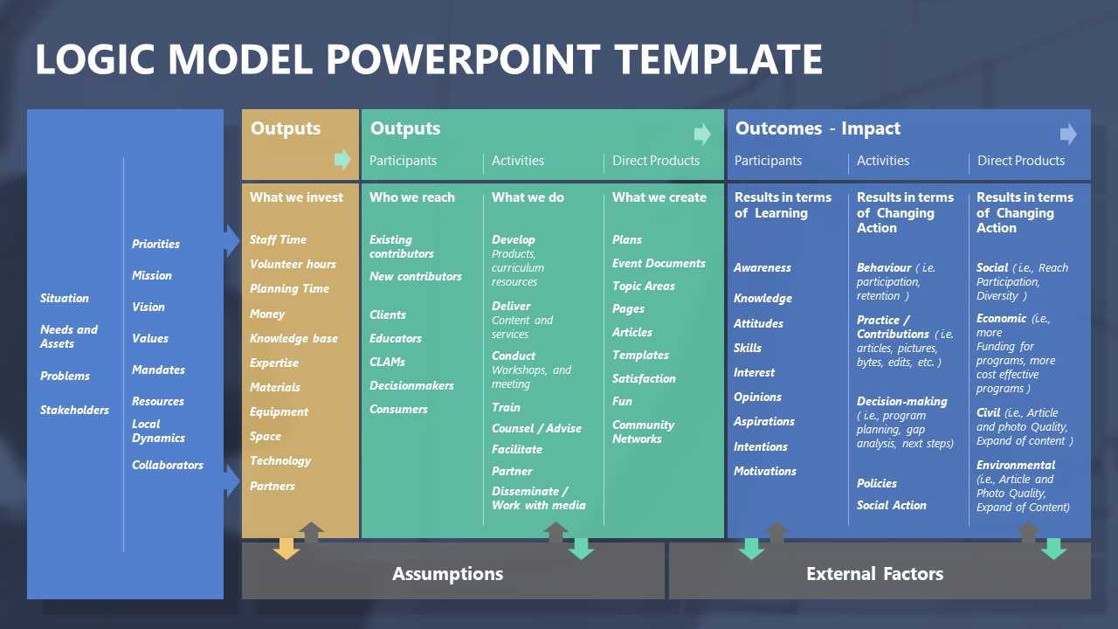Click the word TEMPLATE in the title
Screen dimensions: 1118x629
(x=718, y=59)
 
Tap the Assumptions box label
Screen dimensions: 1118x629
(x=448, y=574)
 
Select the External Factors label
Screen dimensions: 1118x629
(x=875, y=574)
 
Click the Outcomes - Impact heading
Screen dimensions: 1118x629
(x=818, y=128)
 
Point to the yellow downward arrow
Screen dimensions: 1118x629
(x=286, y=549)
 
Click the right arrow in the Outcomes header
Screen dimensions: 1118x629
(x=1068, y=134)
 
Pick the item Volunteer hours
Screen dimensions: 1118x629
(x=293, y=264)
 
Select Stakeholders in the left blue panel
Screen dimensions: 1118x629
(x=74, y=410)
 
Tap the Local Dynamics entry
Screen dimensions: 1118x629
(x=158, y=431)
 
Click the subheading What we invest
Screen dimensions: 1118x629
(x=296, y=197)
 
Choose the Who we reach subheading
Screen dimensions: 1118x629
(x=412, y=197)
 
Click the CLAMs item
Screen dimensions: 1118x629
(x=387, y=362)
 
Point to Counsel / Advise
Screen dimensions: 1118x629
(x=536, y=428)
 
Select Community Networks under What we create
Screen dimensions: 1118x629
(x=643, y=432)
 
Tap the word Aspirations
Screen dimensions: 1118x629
(x=764, y=422)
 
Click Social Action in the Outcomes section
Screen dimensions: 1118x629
(x=892, y=505)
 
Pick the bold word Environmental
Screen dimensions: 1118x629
(x=1016, y=466)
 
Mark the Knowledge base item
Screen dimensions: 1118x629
(x=294, y=338)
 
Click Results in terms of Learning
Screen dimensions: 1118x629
(x=783, y=205)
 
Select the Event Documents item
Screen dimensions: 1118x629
(x=659, y=263)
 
